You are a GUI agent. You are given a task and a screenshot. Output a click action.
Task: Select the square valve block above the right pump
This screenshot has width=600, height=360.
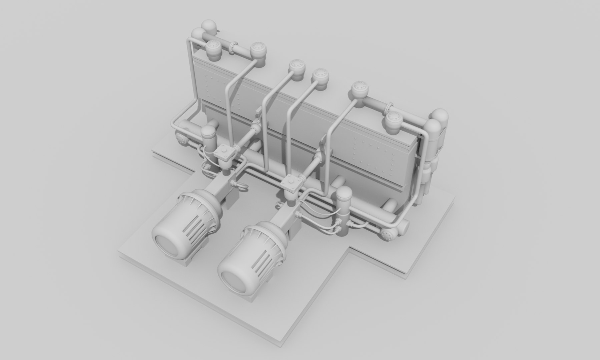[x=292, y=183]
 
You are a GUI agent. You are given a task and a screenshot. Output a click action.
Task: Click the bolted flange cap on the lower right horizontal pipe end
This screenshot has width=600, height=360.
[x=388, y=235]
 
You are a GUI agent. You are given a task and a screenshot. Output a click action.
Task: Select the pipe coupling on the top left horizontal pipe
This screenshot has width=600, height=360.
[x=233, y=48]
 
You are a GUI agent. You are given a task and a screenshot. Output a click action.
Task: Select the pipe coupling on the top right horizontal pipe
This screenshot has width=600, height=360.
[x=389, y=108]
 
